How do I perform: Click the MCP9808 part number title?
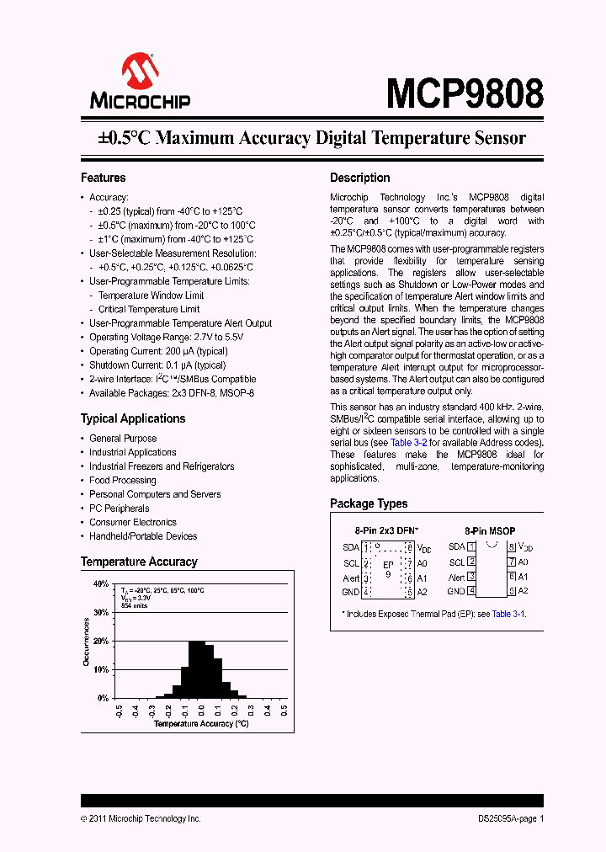tap(465, 94)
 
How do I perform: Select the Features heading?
tap(103, 178)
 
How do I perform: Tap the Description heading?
tap(359, 178)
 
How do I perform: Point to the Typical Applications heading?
tap(132, 418)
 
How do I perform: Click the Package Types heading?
tap(369, 503)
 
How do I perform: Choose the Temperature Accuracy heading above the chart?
tap(139, 562)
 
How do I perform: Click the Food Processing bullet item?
tap(123, 480)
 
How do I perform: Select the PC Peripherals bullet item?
tap(120, 509)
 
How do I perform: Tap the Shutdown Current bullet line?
tap(157, 365)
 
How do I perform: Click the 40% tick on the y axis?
tap(101, 583)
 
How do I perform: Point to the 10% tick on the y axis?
tap(101, 669)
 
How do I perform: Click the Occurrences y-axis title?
tap(87, 642)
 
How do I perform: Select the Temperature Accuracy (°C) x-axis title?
tap(201, 723)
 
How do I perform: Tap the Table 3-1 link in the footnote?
tap(508, 614)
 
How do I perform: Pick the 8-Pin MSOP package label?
tap(490, 531)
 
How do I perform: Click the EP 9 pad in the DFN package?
tap(388, 568)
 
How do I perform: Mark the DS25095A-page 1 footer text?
tap(505, 818)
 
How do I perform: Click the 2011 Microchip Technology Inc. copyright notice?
tap(141, 818)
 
